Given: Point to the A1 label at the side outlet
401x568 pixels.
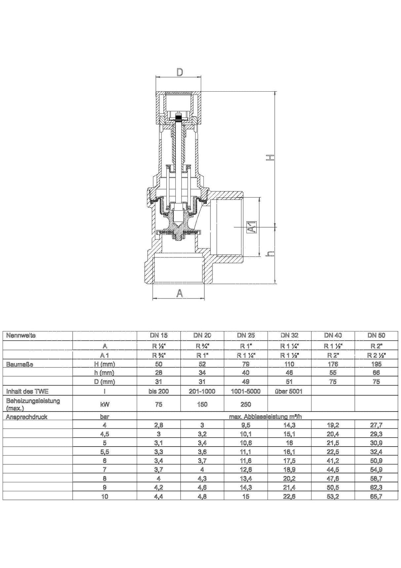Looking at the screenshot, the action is pyautogui.click(x=252, y=227).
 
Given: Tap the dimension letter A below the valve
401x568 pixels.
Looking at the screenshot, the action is pyautogui.click(x=179, y=293).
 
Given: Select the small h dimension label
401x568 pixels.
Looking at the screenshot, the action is pyautogui.click(x=270, y=253).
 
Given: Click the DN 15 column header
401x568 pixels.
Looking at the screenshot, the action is pyautogui.click(x=159, y=335).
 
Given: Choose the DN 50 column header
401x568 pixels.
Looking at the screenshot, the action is pyautogui.click(x=376, y=335).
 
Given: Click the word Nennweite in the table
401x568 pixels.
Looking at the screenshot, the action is pyautogui.click(x=21, y=335).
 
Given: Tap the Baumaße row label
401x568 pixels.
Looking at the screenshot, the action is pyautogui.click(x=19, y=364).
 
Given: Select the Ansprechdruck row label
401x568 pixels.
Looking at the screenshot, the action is pyautogui.click(x=27, y=417).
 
